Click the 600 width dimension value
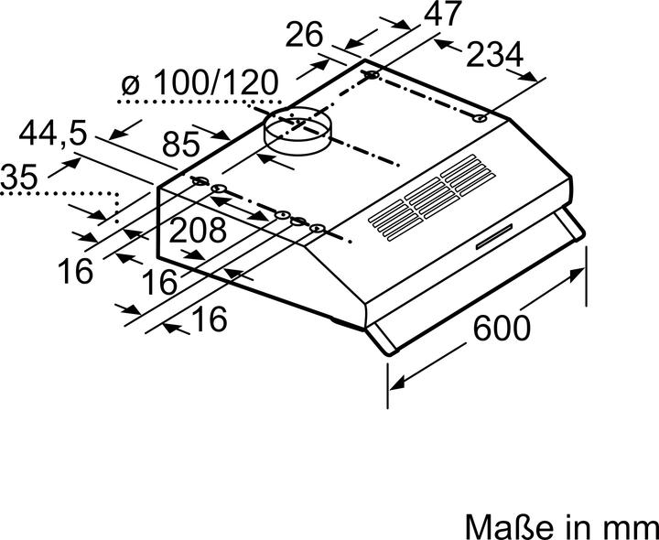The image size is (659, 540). pos(502,326)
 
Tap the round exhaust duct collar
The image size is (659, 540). pos(297,131)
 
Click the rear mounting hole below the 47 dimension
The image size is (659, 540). pos(371,75)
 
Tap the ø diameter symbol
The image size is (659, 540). pos(130,84)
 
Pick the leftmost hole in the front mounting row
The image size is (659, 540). pos(199,183)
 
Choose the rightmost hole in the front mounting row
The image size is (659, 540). pos(316,227)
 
